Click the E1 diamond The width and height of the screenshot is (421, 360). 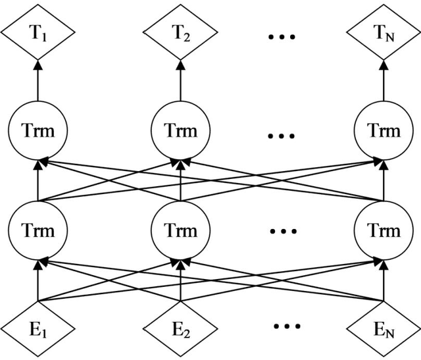(37, 325)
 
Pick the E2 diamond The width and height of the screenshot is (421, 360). (180, 325)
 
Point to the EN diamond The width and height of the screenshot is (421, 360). (384, 325)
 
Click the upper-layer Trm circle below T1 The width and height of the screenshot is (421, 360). (37, 131)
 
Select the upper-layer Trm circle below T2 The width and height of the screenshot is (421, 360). (180, 131)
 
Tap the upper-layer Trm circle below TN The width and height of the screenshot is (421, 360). (384, 131)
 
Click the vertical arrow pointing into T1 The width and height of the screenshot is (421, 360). (37, 82)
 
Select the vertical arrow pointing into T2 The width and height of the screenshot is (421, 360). (180, 82)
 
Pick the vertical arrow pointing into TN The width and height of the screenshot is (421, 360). (384, 82)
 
